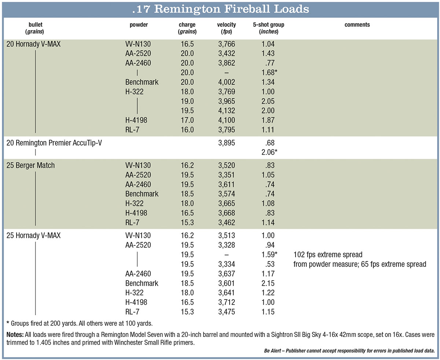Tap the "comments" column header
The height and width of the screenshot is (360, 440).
point(357,25)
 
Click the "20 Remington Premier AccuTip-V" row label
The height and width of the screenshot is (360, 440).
point(54,143)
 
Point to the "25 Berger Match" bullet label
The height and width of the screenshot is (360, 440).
point(30,165)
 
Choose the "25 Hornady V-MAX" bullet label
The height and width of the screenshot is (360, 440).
point(33,236)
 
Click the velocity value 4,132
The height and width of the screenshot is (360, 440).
point(226,111)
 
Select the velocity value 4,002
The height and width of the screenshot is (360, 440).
point(226,82)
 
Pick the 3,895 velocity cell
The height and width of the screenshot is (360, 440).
point(226,143)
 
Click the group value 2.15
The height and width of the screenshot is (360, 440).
point(268,283)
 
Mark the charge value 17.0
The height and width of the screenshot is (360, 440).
point(187,120)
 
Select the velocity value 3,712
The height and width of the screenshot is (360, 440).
point(226,302)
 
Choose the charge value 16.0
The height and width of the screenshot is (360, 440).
point(187,130)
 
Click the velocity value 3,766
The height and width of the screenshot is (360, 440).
point(226,44)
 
